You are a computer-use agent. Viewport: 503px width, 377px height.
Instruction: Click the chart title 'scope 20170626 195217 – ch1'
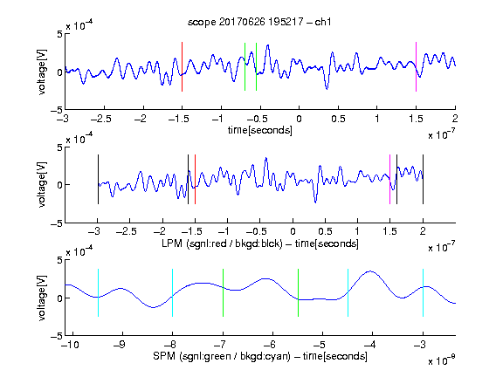point(259,22)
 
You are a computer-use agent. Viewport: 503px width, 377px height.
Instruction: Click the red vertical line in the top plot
point(182,66)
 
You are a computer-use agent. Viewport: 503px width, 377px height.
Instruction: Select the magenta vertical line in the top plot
point(416,66)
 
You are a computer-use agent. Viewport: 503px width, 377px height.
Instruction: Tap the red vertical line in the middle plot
point(195,179)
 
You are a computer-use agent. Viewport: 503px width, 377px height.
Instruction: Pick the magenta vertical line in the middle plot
point(389,179)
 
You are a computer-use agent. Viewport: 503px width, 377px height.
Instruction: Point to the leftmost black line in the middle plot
point(98,179)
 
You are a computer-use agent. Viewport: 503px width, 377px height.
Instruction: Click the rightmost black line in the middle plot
point(423,179)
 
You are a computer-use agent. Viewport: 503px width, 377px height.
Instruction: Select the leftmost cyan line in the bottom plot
point(98,292)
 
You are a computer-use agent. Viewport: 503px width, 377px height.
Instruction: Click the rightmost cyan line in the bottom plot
point(423,292)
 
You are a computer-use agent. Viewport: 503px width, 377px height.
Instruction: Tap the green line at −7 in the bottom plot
point(223,292)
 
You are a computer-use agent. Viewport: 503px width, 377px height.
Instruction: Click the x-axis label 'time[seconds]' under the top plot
point(260,130)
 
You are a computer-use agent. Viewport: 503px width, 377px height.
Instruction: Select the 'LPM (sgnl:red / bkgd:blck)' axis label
point(222,243)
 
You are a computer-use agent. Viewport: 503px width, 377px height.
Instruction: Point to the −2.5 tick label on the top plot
point(101,119)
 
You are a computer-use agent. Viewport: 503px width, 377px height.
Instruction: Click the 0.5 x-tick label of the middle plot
point(325,231)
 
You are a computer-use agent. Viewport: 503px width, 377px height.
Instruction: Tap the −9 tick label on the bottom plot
point(120,345)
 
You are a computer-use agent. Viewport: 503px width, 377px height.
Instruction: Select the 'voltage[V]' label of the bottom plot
point(42,298)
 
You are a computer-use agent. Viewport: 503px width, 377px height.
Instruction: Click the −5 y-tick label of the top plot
point(57,110)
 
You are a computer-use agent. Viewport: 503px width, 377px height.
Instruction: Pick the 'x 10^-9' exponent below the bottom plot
point(441,360)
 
